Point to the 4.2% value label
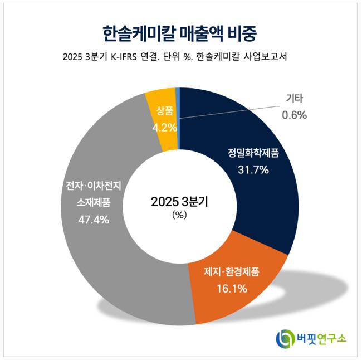click(x=164, y=127)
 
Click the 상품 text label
click(x=164, y=110)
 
